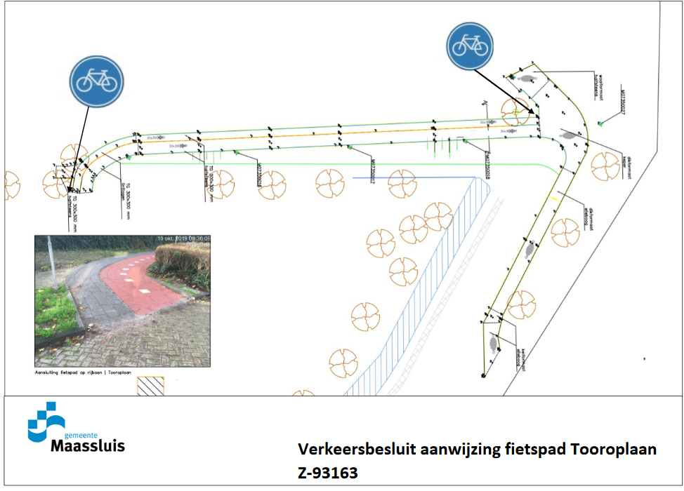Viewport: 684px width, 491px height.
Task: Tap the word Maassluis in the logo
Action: coord(87,445)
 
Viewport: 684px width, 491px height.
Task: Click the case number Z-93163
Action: coord(328,473)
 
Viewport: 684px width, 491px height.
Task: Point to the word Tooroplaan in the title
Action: coord(618,449)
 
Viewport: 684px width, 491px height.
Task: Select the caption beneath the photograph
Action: coord(84,372)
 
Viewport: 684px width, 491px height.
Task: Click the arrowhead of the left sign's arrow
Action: coord(70,189)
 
